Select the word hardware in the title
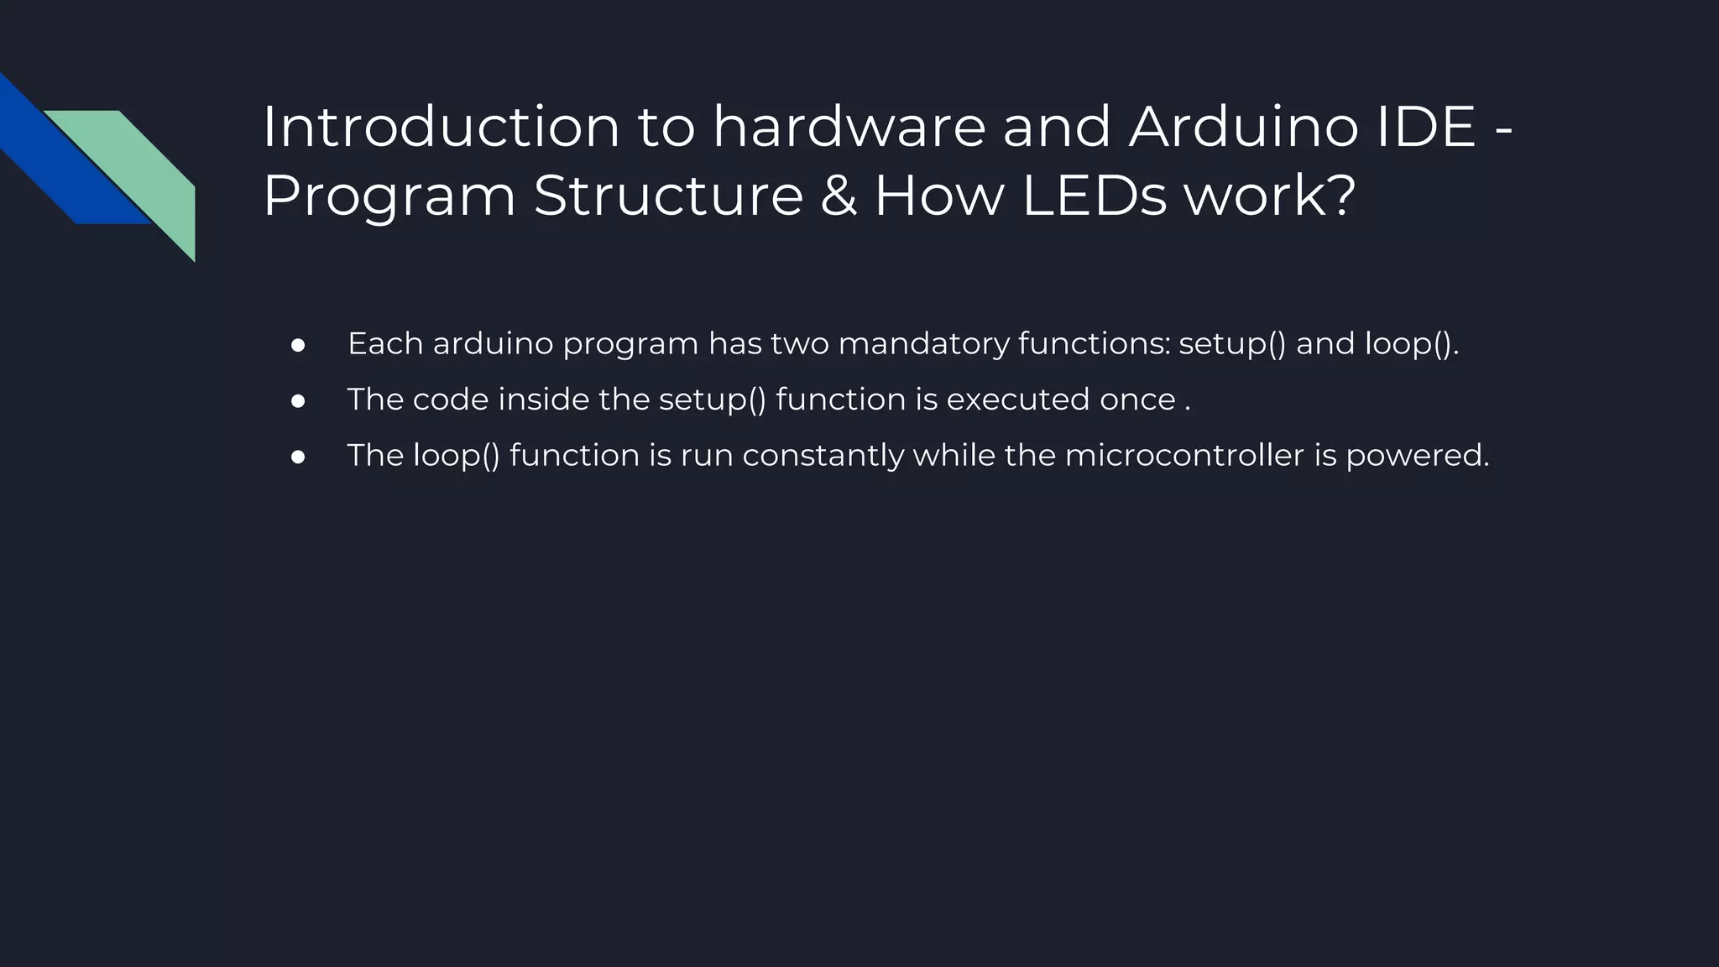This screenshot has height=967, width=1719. (849, 128)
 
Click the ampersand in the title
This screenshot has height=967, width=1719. (839, 196)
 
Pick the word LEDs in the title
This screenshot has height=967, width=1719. (1094, 196)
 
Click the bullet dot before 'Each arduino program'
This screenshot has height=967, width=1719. (297, 346)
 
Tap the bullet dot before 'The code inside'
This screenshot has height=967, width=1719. (297, 401)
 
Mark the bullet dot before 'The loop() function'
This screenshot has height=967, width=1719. (297, 457)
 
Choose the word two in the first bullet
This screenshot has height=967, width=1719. (799, 344)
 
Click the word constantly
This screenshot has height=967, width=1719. (823, 456)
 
